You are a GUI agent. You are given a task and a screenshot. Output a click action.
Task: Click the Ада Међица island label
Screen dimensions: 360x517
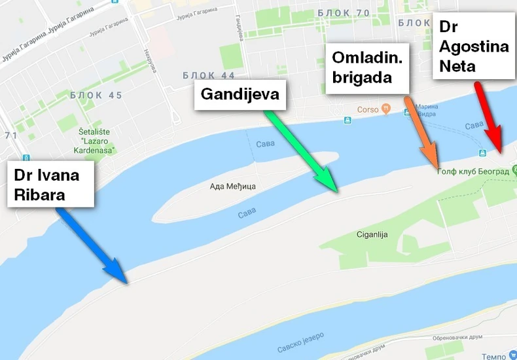(232, 187)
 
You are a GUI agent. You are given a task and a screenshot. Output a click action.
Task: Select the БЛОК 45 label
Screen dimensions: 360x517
(97, 96)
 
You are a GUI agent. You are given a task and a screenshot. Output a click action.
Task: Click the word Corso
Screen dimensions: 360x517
(368, 109)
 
